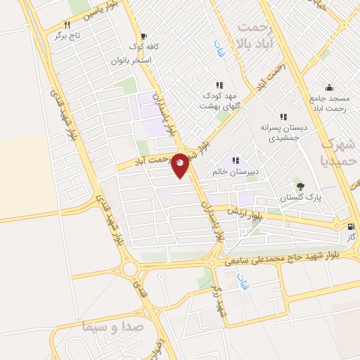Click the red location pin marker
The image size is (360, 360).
tap(180, 166)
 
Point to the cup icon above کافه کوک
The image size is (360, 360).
tap(144, 36)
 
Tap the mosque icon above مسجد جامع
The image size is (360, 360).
tap(333, 89)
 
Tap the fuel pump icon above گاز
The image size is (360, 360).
tap(351, 226)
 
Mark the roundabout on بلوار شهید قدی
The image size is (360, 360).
tap(129, 269)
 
